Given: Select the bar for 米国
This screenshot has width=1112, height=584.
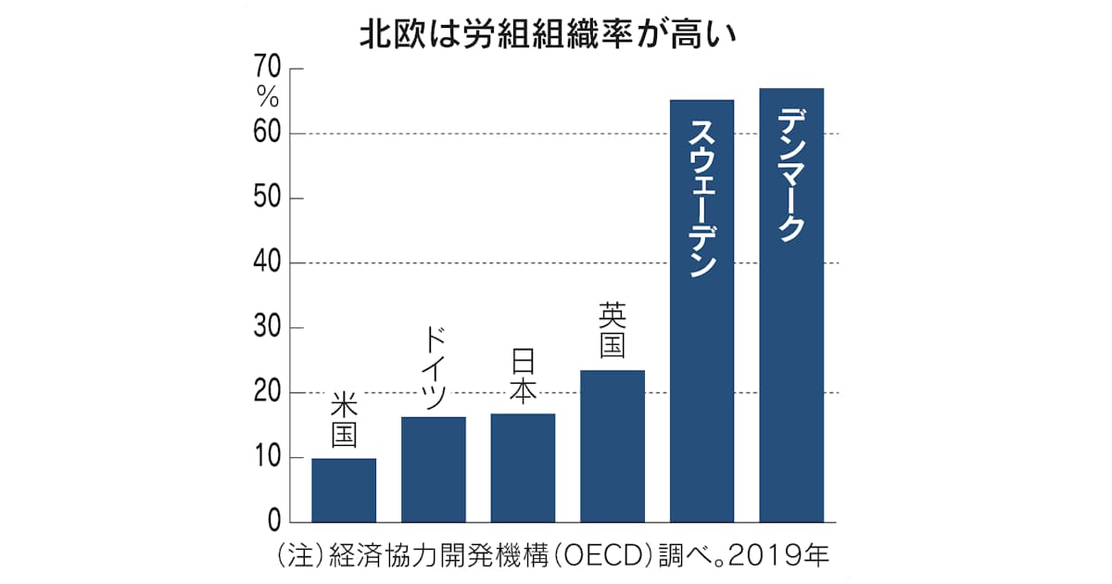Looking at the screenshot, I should coord(344,489).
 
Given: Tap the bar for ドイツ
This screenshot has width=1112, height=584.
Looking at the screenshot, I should coord(433,469).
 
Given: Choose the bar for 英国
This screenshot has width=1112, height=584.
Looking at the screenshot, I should coord(613,446).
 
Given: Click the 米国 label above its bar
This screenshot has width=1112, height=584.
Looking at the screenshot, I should coord(344,422).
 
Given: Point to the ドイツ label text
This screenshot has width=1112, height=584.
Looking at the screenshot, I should coord(433,368).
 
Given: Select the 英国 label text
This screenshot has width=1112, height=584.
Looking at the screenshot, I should coord(613,332).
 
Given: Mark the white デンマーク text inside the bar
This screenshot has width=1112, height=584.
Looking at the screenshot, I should coord(791,175).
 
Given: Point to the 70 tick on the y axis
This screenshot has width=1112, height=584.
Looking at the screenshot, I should coord(265,70).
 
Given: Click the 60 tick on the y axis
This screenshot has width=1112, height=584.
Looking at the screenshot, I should coord(265,134).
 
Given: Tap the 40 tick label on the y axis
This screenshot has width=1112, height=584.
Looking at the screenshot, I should coord(265,263).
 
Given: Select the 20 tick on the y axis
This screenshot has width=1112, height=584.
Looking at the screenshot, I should coord(265,393).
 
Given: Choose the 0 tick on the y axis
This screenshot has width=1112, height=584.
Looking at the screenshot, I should coord(273,522).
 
